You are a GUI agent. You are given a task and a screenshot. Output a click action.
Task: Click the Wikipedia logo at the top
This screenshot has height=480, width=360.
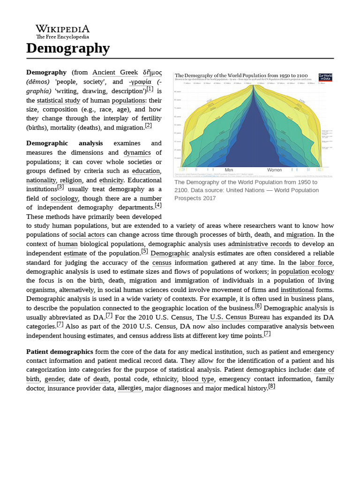62,31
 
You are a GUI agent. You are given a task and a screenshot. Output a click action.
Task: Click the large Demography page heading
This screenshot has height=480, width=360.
68,48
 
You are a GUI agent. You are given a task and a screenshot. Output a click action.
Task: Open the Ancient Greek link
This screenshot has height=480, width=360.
115,73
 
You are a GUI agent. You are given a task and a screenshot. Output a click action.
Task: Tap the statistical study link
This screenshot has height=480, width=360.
59,101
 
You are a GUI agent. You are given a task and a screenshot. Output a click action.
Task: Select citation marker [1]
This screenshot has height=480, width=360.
150,89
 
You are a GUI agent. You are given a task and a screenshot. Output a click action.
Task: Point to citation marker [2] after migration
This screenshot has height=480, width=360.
148,126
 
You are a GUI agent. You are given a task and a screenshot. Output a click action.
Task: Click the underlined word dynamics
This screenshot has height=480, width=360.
137,153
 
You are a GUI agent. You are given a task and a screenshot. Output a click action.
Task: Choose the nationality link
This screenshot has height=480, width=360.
41,180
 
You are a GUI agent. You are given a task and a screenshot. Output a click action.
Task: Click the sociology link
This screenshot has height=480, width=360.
64,199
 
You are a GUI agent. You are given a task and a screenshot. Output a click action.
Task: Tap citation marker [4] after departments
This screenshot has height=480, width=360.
158,205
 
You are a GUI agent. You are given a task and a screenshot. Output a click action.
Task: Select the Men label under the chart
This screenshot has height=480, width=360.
229,170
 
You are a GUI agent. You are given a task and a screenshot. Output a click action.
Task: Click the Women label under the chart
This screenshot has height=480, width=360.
274,170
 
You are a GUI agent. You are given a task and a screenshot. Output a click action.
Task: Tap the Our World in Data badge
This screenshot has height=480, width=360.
325,77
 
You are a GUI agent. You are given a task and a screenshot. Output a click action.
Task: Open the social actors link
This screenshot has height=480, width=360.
87,235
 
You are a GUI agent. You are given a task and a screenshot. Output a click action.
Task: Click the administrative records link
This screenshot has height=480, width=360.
259,244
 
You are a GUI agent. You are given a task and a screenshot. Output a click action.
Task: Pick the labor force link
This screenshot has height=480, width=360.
316,263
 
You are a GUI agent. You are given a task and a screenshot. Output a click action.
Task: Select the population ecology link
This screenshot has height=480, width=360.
306,272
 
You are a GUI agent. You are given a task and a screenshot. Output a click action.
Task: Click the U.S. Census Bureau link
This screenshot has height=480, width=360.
240,317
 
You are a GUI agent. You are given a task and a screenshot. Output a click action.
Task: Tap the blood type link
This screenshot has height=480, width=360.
198,379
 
